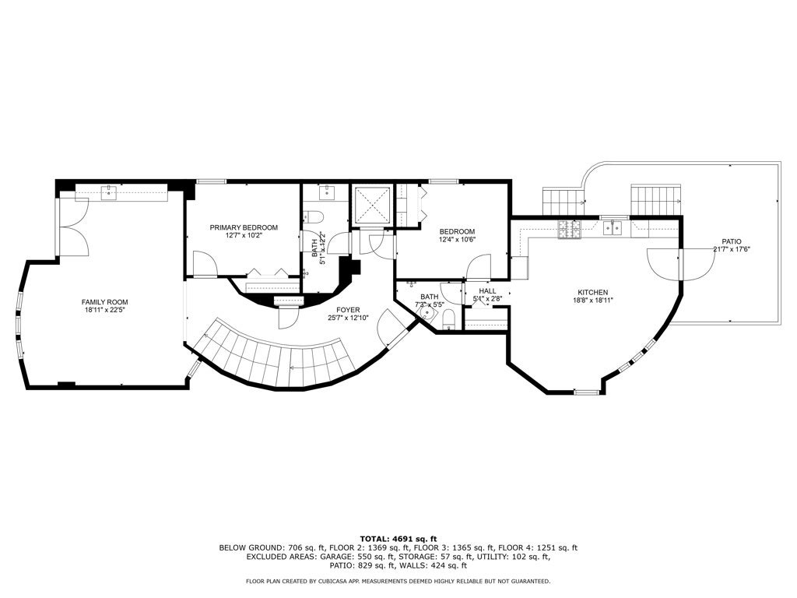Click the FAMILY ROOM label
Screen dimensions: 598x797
point(105,302)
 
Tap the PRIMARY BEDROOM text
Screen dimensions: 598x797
point(244,227)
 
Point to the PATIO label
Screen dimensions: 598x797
point(732,241)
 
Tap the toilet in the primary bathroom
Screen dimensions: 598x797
point(314,217)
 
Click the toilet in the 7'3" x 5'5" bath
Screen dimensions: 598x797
point(448,319)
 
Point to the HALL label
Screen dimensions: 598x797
point(488,290)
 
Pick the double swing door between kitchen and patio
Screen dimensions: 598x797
point(680,265)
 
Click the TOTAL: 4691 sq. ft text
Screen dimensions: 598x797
point(398,538)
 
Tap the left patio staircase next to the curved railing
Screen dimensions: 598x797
point(561,202)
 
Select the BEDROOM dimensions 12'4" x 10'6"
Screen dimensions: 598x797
point(457,240)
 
